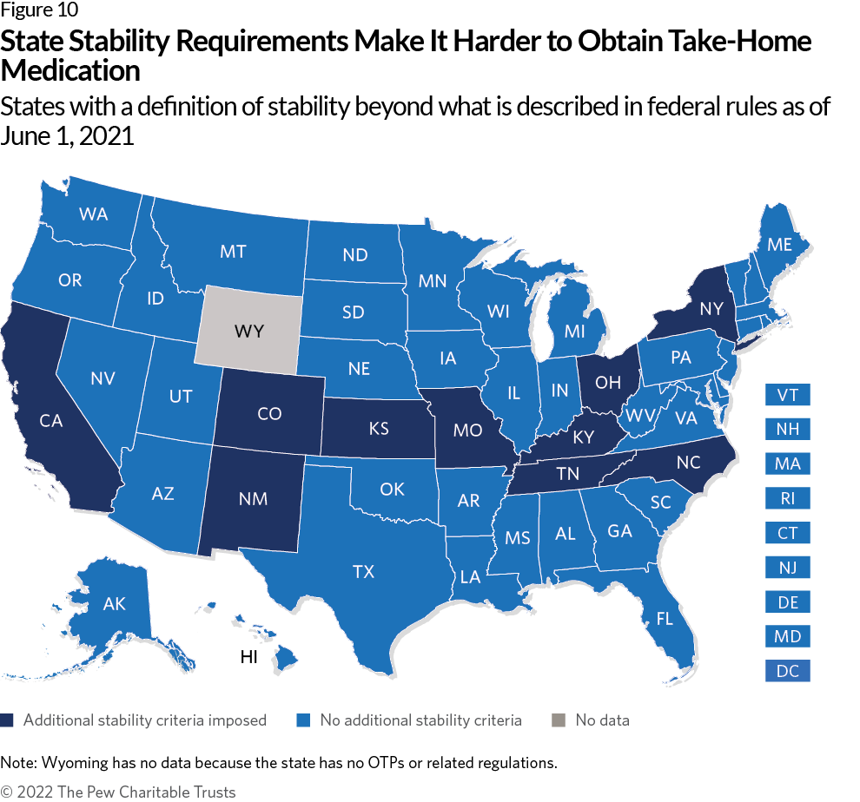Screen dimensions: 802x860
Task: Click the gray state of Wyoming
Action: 248,331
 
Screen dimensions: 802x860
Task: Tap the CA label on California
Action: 50,421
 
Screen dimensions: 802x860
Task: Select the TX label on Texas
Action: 363,571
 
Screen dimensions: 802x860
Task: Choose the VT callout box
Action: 787,395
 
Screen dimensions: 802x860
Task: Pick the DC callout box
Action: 787,671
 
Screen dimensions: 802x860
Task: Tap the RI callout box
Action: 787,498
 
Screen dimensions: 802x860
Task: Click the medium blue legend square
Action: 303,720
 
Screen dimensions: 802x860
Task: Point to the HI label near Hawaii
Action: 249,657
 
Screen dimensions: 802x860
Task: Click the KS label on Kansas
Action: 378,430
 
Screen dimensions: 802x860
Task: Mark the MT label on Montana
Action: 233,252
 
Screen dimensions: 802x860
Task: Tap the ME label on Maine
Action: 779,245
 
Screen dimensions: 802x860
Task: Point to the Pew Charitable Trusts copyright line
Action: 118,792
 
